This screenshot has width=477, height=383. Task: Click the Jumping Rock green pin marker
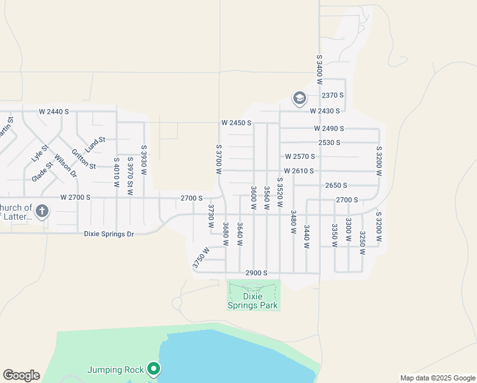coord(153,368)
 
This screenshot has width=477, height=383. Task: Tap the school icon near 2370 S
coord(299,98)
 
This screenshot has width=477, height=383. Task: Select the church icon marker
coord(42,211)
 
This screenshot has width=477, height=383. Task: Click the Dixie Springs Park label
coord(254,301)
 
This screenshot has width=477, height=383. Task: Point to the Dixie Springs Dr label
coord(109,234)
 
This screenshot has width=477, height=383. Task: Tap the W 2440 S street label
coord(54,112)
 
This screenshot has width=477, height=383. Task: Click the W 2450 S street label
coord(237,123)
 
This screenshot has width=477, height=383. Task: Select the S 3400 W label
coord(319,69)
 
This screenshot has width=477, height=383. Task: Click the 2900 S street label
coord(256,273)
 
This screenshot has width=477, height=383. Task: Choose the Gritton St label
coord(84,159)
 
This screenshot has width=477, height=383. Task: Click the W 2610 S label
coord(299,171)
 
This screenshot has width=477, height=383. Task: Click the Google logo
coord(21,375)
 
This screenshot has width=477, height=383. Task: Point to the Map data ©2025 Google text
coord(437,378)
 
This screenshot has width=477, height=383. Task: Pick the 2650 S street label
coord(336,185)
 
